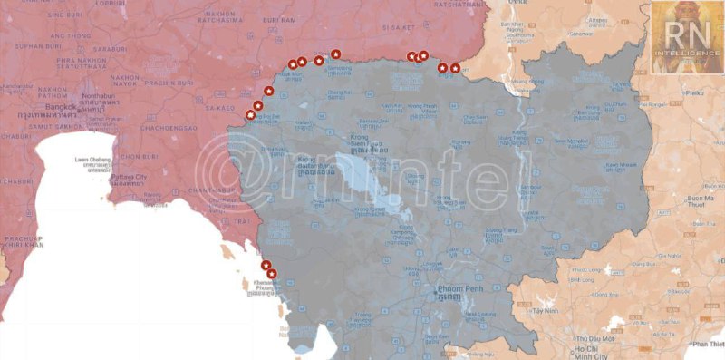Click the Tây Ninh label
point(546,310)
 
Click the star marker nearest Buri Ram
point(293,63)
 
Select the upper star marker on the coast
point(266,265)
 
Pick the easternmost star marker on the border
point(455,68)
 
